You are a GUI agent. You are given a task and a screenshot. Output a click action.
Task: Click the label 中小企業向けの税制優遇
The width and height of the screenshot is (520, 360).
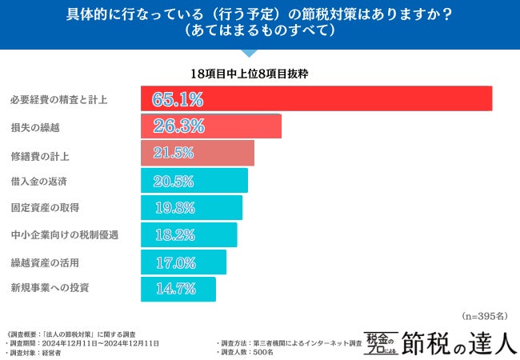pos(64,234)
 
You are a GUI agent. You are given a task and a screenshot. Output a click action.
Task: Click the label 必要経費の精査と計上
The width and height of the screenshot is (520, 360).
pos(58,100)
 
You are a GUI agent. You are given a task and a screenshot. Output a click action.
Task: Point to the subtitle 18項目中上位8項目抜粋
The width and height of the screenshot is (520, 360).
pos(250,73)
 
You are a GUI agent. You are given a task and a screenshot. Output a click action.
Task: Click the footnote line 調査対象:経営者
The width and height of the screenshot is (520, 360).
pos(36,352)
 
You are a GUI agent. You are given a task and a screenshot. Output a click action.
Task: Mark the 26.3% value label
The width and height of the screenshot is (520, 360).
pos(178,126)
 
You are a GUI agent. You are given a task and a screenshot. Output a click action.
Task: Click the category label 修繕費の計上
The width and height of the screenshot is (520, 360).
pos(39,154)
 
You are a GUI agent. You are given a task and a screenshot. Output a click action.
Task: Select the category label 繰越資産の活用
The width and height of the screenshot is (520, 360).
pos(44,262)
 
